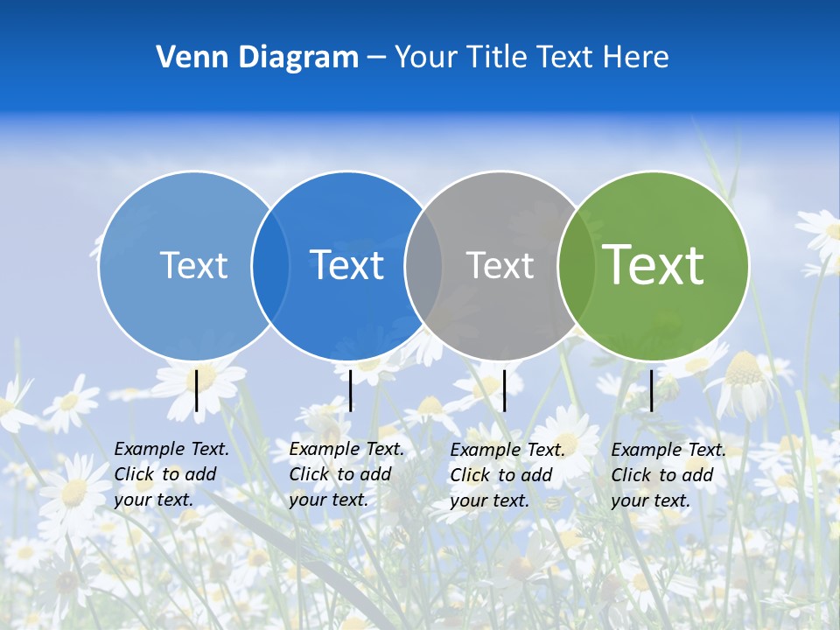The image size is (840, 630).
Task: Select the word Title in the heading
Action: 495,58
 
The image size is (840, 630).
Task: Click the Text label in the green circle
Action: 654,264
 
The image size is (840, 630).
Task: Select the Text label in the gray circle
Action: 500,265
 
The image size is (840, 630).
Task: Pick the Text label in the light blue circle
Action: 193,265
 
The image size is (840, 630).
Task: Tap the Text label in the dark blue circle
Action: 347,265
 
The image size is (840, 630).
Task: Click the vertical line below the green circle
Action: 652,390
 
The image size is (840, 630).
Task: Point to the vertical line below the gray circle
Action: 505,390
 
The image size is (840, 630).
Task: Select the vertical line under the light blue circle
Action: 197,390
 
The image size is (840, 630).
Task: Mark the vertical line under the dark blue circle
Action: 351,390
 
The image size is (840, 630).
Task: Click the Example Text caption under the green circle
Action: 668,475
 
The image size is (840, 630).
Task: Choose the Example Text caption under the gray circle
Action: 507,475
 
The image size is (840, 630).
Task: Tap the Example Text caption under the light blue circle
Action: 171,474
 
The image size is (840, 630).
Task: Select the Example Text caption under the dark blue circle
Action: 346,474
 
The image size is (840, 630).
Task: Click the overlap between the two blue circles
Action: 270,265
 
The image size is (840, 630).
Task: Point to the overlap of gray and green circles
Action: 577,265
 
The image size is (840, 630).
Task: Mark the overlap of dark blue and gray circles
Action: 423,265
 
